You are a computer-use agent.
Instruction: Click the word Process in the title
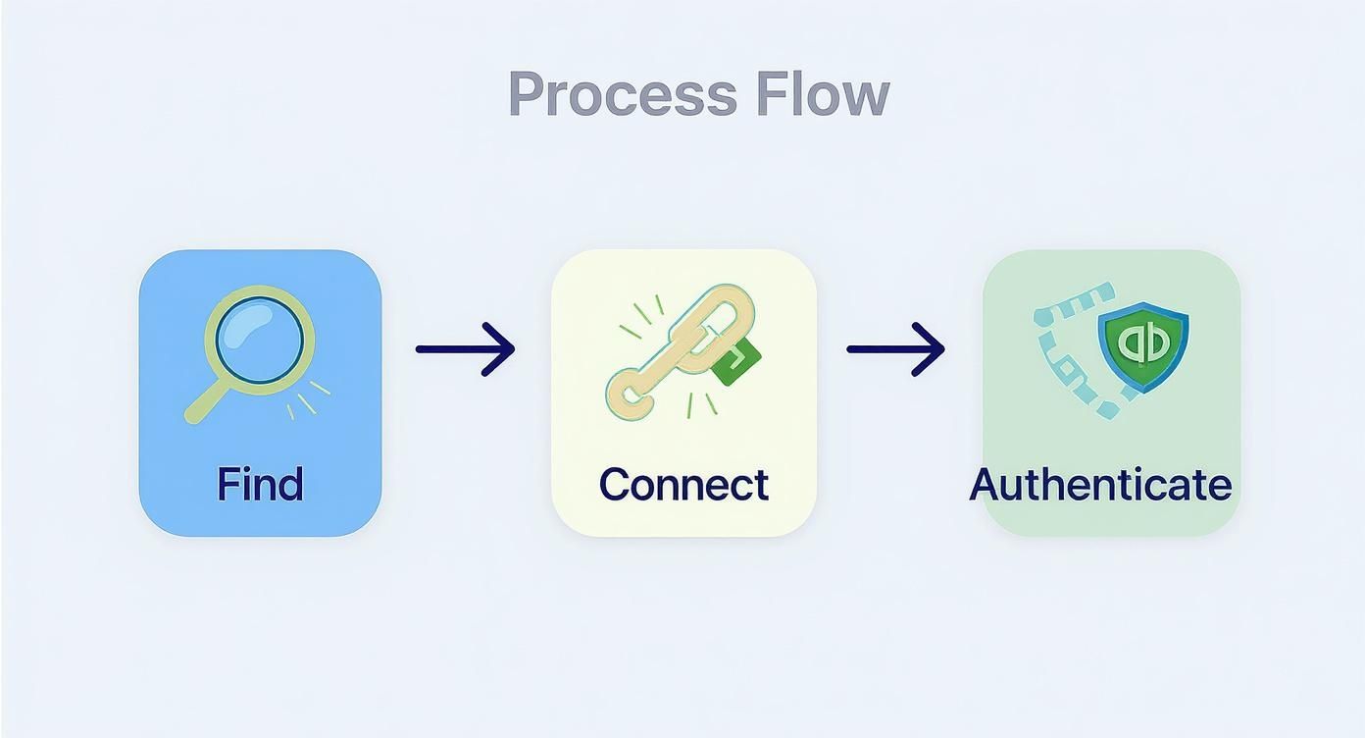point(622,95)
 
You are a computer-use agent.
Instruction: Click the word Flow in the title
point(823,95)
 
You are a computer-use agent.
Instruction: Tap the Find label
point(260,484)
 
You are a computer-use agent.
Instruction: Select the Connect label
point(683,484)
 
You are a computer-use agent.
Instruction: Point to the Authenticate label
point(1100,484)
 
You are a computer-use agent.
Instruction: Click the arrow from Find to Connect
point(465,348)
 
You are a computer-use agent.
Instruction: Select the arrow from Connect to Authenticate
point(895,348)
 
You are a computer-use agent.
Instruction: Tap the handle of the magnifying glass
point(204,402)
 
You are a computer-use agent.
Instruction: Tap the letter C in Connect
point(614,484)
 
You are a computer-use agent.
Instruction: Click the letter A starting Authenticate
point(986,484)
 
